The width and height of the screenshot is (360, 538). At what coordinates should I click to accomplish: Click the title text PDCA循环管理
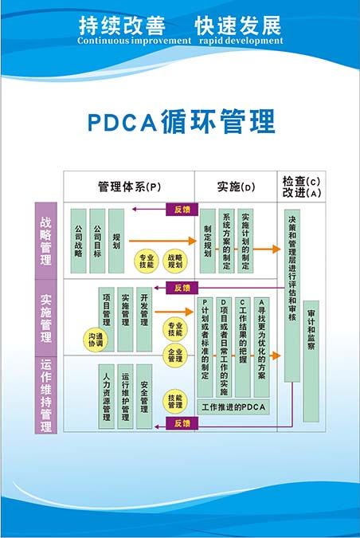179,122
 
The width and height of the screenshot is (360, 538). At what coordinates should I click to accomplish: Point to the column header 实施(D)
236,187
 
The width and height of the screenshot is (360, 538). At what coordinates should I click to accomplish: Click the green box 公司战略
78,242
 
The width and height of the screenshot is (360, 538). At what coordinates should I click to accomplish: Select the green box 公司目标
97,242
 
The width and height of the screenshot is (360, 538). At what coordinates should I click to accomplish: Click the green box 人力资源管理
106,393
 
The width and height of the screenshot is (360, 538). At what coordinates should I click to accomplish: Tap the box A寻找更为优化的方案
261,347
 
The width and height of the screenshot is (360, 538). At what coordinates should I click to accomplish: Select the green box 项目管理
106,311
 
